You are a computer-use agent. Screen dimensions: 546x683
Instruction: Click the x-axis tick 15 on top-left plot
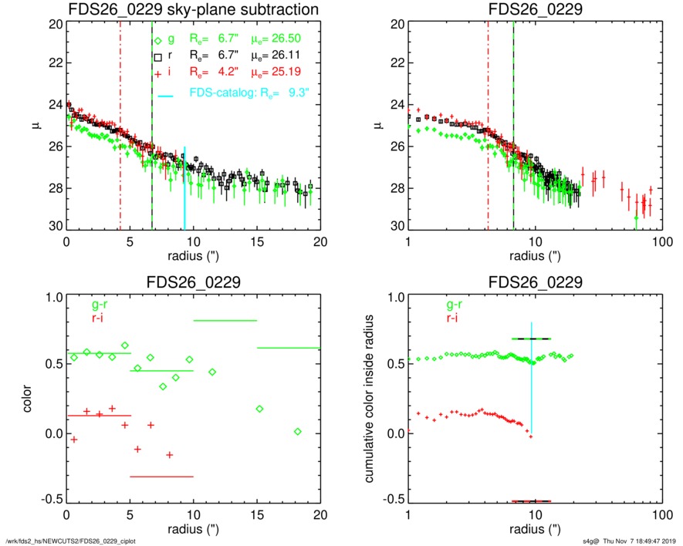[258, 241]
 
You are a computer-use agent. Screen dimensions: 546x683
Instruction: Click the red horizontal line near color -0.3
[161, 477]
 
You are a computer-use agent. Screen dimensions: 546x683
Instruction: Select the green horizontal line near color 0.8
[225, 320]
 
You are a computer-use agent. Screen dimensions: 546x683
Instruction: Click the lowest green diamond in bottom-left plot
[298, 431]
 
